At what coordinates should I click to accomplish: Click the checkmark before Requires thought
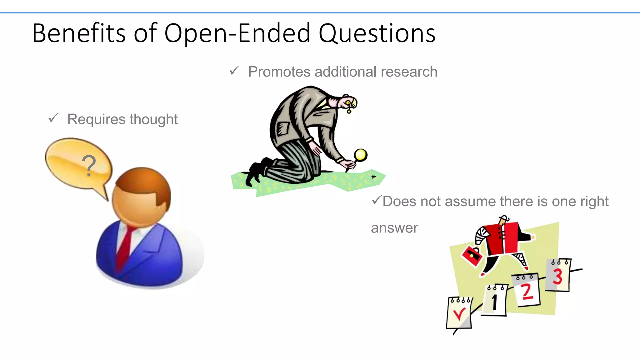coord(53,118)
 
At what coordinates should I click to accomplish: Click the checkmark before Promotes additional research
coord(234,71)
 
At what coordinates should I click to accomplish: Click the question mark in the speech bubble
coord(89,166)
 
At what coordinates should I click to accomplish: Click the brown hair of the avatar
coord(147,181)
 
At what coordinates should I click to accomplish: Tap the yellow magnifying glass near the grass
coord(360,155)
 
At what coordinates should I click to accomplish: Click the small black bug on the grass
coord(373,177)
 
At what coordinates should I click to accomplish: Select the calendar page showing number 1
coord(495,301)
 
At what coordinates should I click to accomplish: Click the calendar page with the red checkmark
coord(459,313)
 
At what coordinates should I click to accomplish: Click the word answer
coord(394,228)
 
